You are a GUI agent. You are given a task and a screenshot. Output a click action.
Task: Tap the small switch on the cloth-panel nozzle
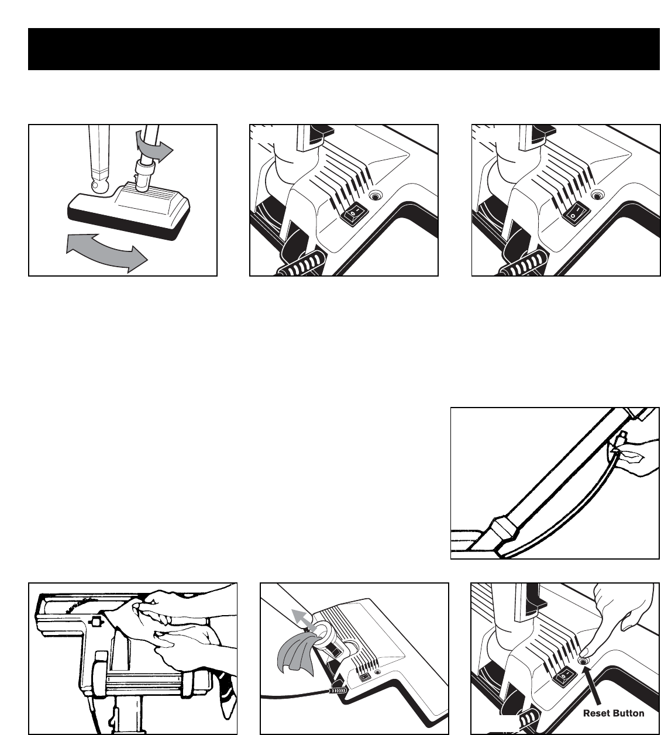click(x=364, y=676)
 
